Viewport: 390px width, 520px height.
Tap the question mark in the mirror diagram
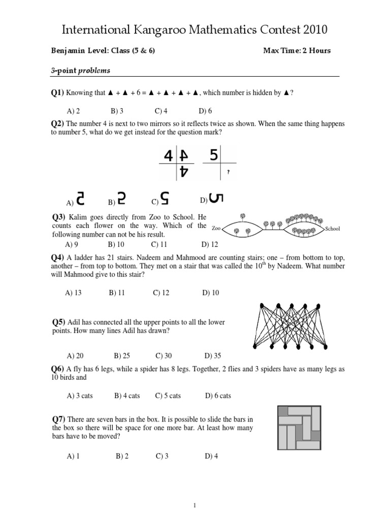tap(229, 172)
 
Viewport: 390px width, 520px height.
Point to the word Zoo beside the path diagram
tap(216, 229)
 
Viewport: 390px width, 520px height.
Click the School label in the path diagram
tap(333, 229)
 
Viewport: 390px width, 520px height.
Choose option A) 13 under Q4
tap(74, 292)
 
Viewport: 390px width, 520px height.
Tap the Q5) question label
tap(59, 322)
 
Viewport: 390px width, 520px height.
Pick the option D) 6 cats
tap(218, 396)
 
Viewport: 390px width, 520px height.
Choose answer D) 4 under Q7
tap(211, 456)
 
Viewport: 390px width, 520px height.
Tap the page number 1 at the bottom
tap(194, 505)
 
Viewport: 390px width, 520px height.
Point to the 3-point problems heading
tap(80, 71)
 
